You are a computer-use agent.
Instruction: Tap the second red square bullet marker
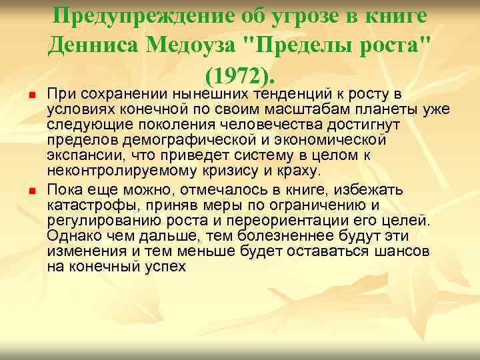[x=31, y=192]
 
